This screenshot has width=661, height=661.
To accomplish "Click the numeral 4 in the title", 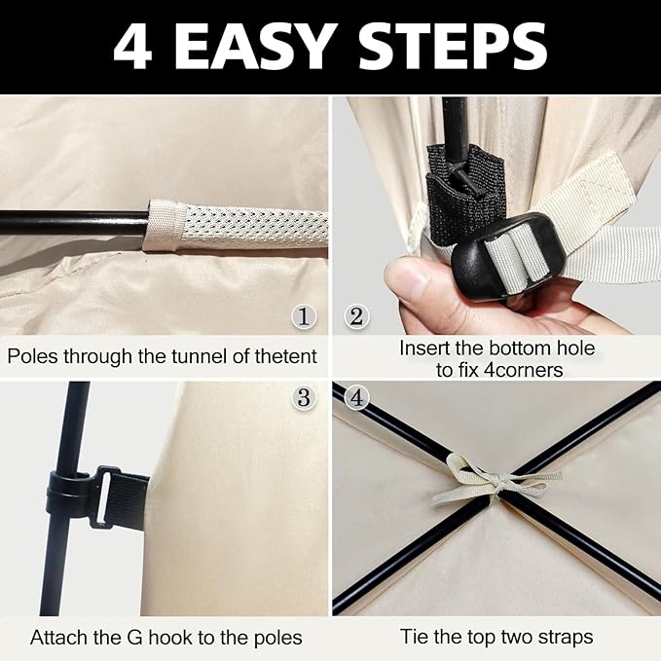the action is click(132, 47).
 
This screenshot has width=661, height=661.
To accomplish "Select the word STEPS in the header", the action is click(453, 47).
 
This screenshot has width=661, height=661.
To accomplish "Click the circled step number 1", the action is click(304, 316).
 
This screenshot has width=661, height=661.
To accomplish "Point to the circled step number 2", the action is click(356, 316).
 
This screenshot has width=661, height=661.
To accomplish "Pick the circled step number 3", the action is click(304, 397).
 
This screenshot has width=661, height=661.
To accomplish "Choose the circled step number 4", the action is click(356, 397).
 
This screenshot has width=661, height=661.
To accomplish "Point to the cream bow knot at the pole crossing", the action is click(496, 481).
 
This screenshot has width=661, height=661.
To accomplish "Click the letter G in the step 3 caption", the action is click(135, 638).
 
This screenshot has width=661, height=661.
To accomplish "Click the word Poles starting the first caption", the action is click(32, 356).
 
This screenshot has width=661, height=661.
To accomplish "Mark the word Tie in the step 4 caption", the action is click(415, 637).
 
